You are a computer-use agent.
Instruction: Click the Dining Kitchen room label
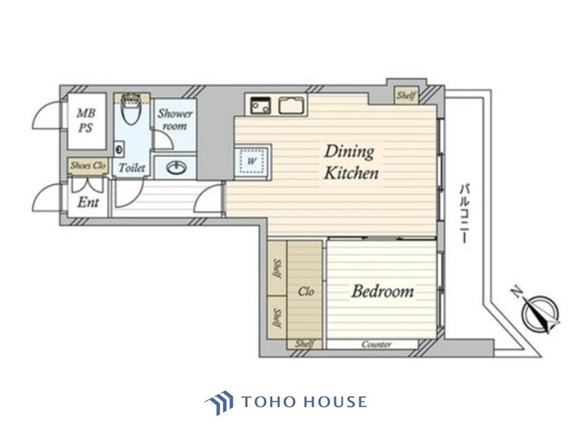351,162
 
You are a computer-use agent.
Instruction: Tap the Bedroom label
383,291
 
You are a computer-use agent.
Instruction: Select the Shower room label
175,120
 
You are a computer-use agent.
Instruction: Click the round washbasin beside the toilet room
176,168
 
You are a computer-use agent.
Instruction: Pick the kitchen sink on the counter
292,105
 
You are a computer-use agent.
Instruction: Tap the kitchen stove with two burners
261,105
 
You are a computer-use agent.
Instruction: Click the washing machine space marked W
251,161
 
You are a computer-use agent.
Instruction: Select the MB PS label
85,121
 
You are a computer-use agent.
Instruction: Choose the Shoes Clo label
88,165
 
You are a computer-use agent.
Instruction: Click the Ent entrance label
88,202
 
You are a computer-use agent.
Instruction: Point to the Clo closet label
306,292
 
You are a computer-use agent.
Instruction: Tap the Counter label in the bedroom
376,345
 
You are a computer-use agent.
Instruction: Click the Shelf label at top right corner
406,95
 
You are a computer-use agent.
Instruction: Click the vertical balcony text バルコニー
464,213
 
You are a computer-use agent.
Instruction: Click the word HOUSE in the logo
335,401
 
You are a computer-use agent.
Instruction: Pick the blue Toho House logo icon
220,402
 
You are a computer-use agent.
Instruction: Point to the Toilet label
131,168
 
